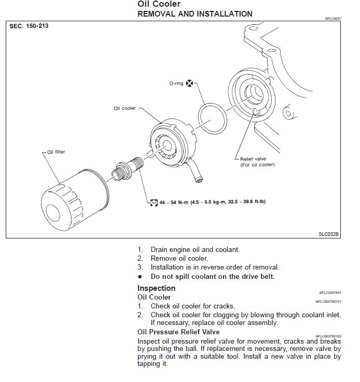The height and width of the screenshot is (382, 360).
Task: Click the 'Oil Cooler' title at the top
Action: click(159, 4)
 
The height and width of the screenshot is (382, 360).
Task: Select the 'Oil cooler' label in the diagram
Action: click(124, 108)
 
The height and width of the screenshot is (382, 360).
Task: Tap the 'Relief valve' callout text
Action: click(253, 159)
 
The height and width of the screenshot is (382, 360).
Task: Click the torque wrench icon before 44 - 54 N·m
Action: click(154, 201)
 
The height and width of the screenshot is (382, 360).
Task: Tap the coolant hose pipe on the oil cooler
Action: click(195, 171)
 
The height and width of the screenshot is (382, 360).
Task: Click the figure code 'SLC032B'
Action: click(328, 234)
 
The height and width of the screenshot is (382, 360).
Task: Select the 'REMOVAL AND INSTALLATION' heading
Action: click(195, 14)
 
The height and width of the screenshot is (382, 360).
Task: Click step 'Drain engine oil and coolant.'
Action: click(195, 249)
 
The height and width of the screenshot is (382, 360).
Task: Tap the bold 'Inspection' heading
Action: click(156, 288)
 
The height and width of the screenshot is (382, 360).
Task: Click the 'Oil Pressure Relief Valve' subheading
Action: click(178, 332)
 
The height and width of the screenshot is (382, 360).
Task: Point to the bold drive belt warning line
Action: click(213, 276)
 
